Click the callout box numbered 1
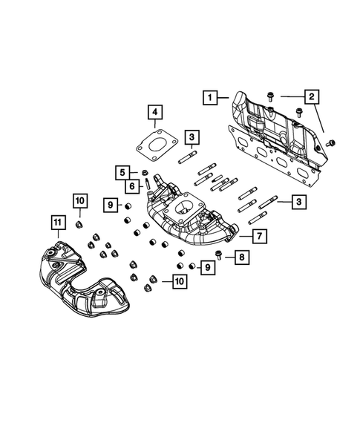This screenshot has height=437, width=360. coord(212,96)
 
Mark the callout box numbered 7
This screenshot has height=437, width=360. coord(259,237)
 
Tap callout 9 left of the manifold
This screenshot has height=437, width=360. coord(108,204)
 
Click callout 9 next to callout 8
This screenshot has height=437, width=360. coord(209,266)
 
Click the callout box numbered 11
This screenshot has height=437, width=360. coord(56,221)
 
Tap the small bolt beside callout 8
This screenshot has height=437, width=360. coord(220,257)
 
